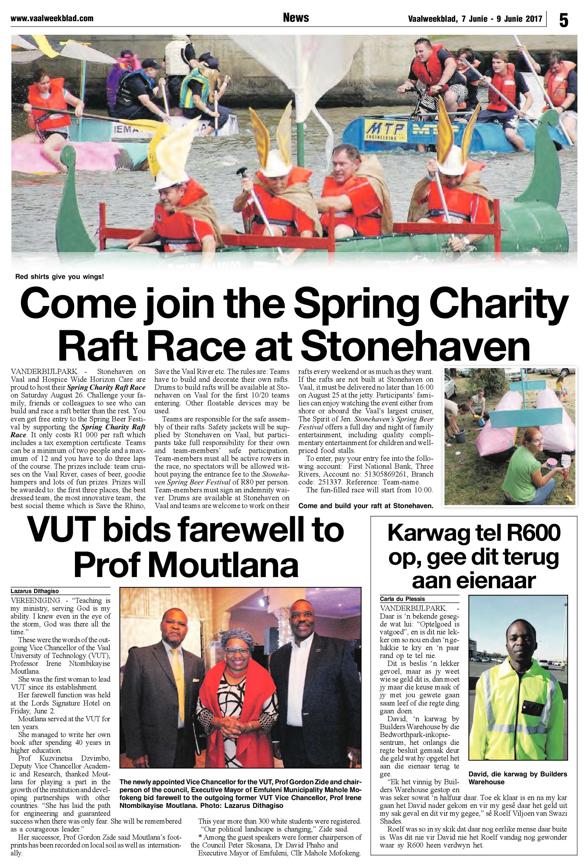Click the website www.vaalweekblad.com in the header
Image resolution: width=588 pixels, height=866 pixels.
pos(52,18)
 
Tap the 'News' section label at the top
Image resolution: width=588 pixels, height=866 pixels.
pos(296,17)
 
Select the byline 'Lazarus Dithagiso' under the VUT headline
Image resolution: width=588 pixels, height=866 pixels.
pos(35,591)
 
